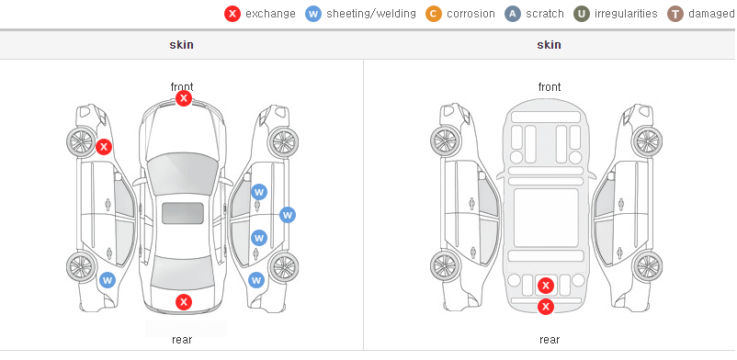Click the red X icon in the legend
pos(232,14)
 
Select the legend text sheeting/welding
pos(371,14)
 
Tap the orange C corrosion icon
pos(434,14)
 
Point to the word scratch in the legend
pos(545,14)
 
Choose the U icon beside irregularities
pos(582,14)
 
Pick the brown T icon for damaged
pos(675,14)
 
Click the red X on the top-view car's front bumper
pos(184,98)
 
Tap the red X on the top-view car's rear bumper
pos(184,302)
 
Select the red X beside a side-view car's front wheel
pos(104,147)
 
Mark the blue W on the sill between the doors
pos(288,215)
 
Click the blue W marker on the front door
pos(259,192)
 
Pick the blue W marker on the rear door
pos(259,238)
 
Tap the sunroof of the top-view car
pos(183,213)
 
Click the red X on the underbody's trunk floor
pos(546,286)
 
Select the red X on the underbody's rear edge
pos(546,307)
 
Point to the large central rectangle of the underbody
pos(546,218)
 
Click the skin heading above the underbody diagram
pos(549,45)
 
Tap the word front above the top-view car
pos(182,86)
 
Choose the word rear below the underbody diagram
pos(550,339)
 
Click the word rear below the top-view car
pos(182,339)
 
